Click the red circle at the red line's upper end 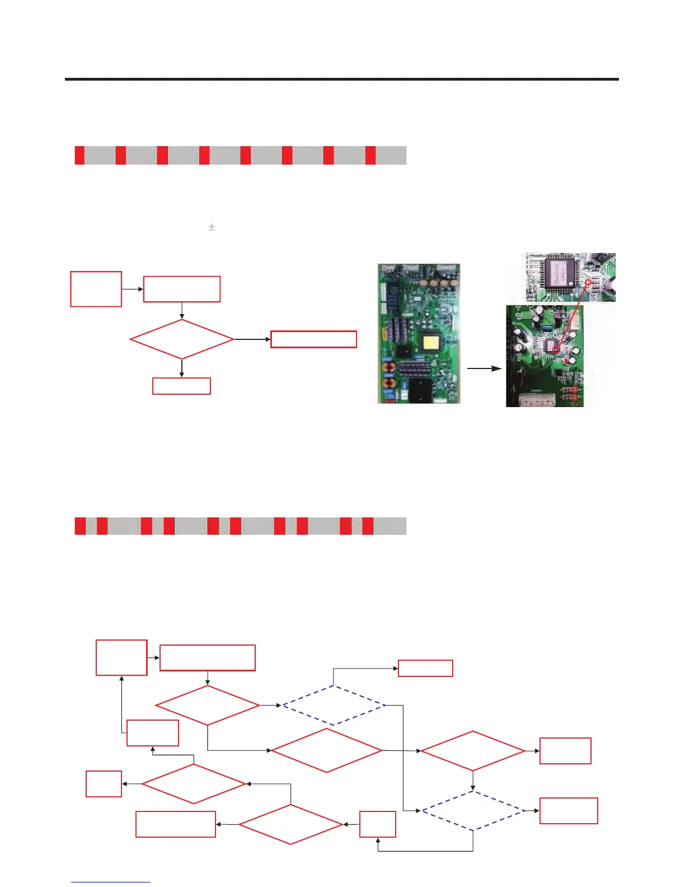tap(588, 283)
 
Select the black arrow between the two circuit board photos tap(484, 369)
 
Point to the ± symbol tap(212, 227)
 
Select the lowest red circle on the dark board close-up tap(575, 398)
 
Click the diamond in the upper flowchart tap(182, 339)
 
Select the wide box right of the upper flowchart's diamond tap(313, 339)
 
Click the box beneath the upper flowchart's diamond tap(182, 386)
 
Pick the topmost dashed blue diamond tap(334, 705)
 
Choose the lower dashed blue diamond tap(473, 810)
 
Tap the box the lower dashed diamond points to tap(569, 810)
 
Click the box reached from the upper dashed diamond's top tap(425, 668)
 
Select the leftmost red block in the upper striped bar tap(79, 155)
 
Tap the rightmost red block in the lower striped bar tap(368, 526)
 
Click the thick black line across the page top tap(341, 80)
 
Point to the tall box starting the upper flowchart tap(96, 289)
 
